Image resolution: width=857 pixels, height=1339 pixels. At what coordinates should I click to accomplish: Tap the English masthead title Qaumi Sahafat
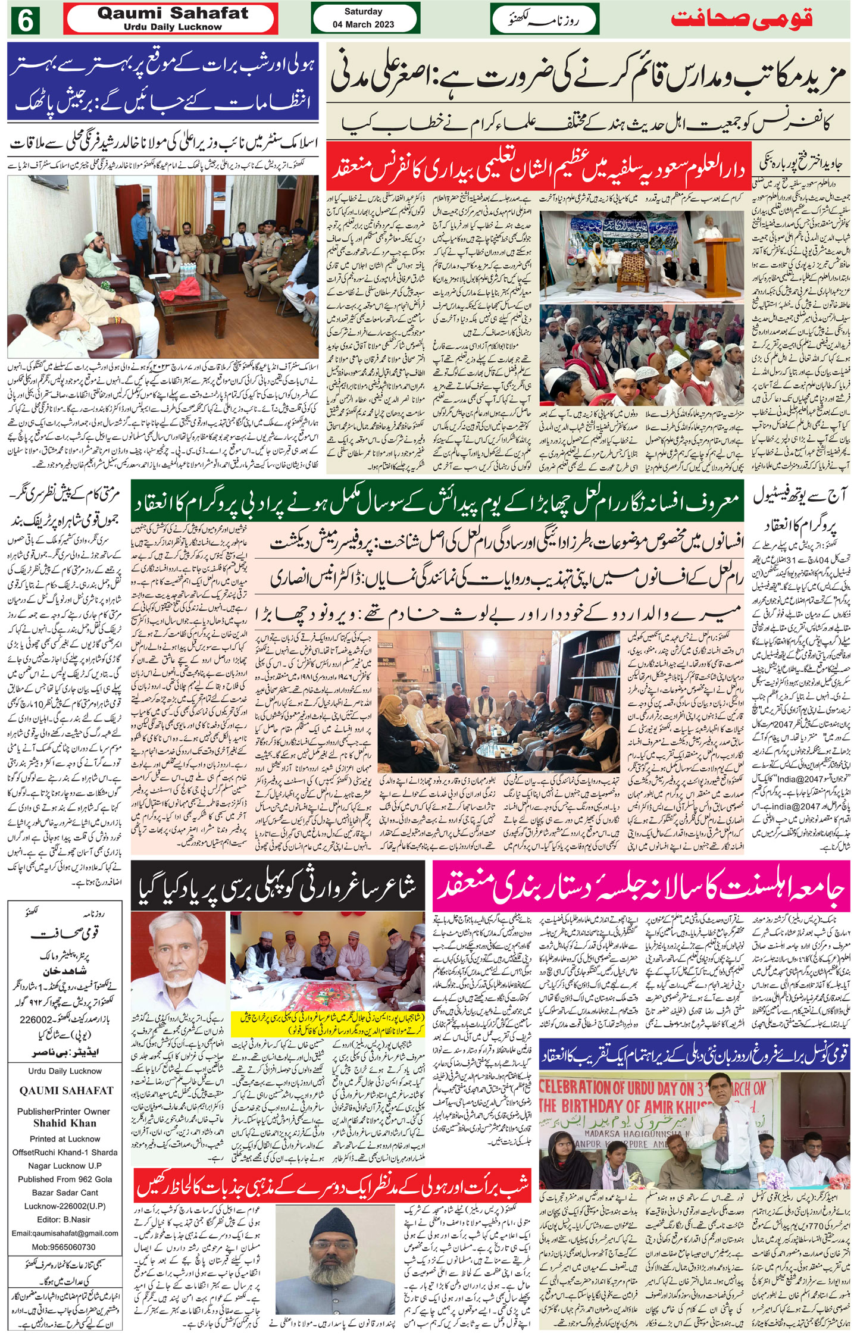point(173,13)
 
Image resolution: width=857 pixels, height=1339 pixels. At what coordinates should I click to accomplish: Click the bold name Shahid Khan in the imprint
point(65,1123)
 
